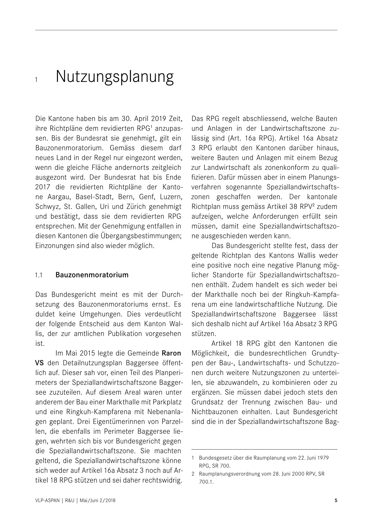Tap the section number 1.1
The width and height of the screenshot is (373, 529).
pos(39,275)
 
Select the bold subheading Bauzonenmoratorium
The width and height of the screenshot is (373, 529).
pos(92,275)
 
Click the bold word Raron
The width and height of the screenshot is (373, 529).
pos(171,353)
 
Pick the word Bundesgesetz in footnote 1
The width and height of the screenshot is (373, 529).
pos(213,458)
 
